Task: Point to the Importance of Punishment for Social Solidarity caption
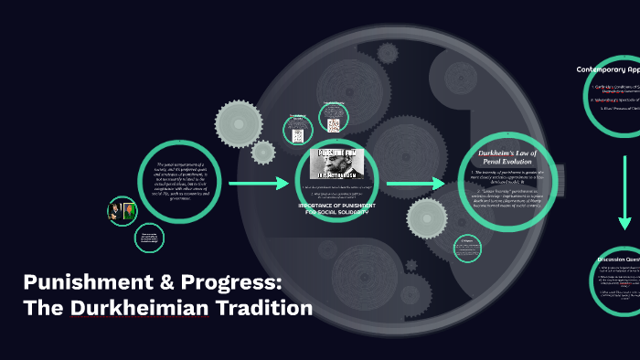point(332,208)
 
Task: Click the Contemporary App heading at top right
point(607,69)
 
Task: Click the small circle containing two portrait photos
point(122,211)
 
